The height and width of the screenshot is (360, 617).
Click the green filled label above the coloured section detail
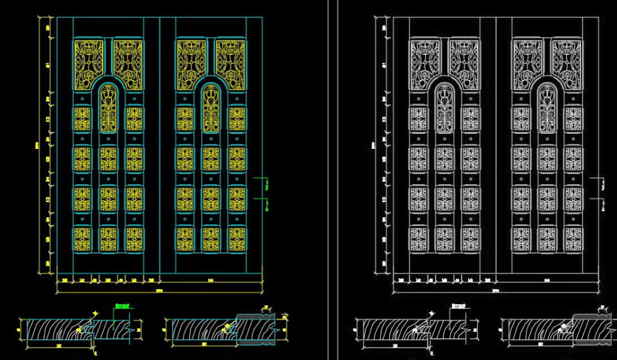[x=122, y=307]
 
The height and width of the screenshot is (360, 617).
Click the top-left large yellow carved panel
[x=89, y=60]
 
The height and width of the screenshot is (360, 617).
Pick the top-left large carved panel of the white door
[x=425, y=60]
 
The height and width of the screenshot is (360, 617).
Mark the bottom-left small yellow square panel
[x=82, y=239]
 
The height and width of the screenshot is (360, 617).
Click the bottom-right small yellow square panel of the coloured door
[x=236, y=239]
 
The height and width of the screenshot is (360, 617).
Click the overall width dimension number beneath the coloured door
[x=159, y=290]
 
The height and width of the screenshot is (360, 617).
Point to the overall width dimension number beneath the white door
[x=495, y=290]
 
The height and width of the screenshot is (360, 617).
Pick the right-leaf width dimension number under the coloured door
[x=211, y=280]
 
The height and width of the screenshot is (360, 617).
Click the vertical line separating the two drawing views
[x=329, y=180]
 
